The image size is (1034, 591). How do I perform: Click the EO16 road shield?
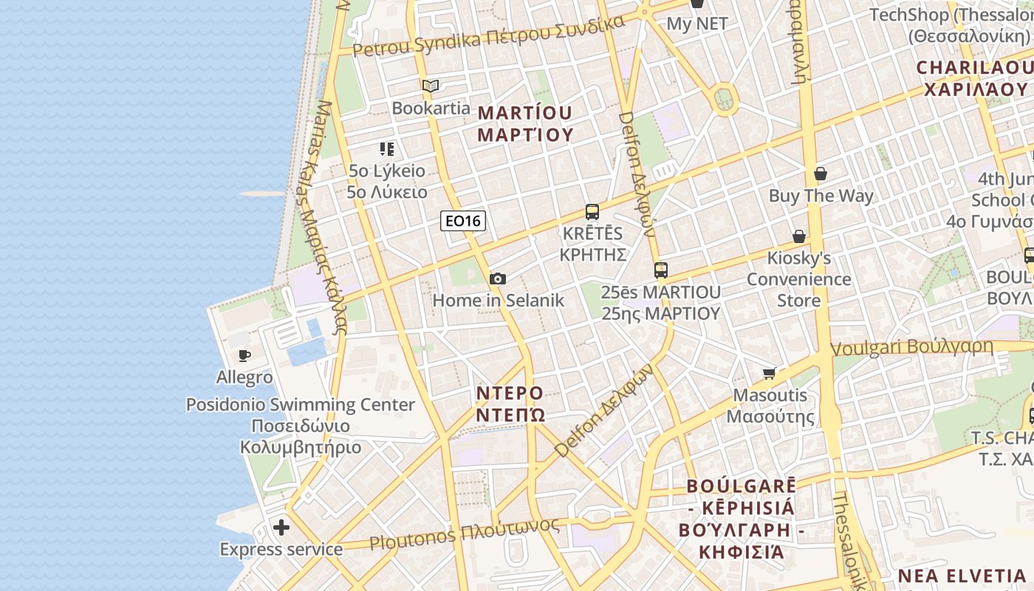(x=463, y=220)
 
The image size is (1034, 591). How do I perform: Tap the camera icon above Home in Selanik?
(x=498, y=279)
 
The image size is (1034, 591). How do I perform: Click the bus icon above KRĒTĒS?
(x=592, y=212)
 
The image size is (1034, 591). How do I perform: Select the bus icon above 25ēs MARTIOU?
(x=661, y=270)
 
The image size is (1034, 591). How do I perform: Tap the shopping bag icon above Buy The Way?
(x=820, y=174)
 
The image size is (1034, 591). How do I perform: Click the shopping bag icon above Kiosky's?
(x=798, y=236)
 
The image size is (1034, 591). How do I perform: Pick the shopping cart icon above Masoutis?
(x=770, y=373)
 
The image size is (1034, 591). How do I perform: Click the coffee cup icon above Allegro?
(x=244, y=356)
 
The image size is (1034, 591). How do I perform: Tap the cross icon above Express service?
(x=281, y=527)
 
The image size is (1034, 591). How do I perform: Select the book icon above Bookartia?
(x=431, y=86)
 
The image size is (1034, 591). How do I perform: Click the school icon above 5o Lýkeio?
(x=387, y=149)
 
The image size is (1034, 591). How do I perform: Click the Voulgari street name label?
(x=912, y=347)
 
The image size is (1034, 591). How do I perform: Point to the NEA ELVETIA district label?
(x=962, y=575)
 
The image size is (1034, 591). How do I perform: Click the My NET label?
(x=697, y=24)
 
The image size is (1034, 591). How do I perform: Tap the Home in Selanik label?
(x=498, y=300)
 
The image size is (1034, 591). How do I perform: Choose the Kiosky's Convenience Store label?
(x=798, y=279)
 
